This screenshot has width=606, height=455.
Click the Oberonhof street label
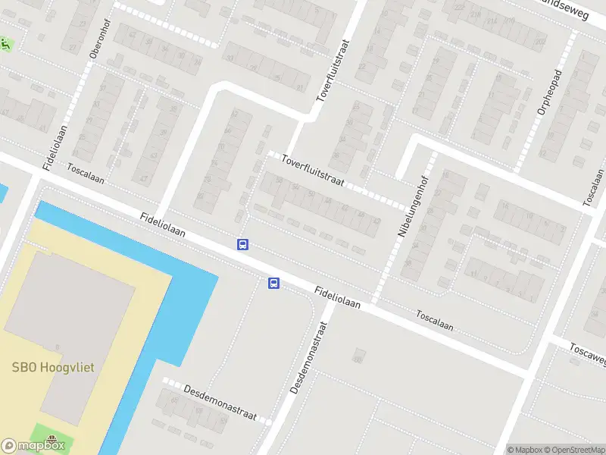96,45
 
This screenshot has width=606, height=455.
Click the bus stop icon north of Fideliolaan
243,244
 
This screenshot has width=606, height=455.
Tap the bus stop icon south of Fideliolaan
273,284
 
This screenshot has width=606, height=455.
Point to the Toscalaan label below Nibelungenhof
435,321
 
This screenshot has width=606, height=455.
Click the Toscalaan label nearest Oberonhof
85,174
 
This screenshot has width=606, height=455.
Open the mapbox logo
33,446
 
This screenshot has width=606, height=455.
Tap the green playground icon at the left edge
5,45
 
